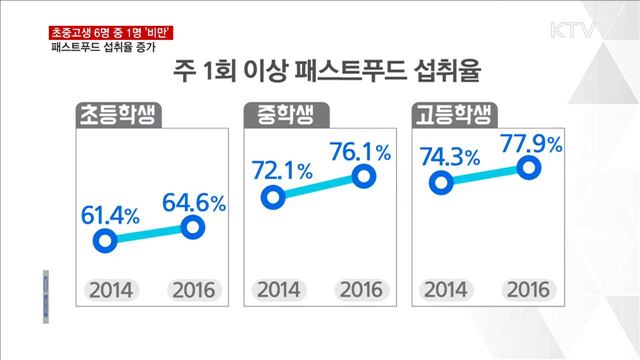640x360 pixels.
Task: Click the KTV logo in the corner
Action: (574, 28)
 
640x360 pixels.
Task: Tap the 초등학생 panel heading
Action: (118, 117)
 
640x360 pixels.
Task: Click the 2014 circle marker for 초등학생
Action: (103, 241)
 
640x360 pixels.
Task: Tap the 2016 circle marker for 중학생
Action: (366, 176)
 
